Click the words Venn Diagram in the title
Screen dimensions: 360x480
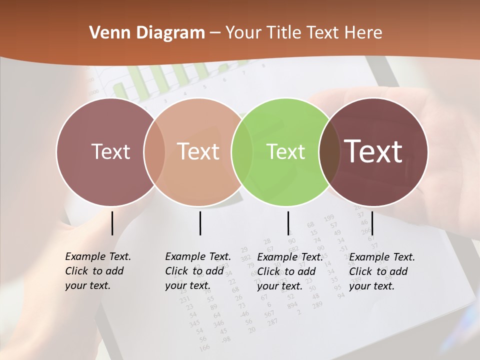(147, 33)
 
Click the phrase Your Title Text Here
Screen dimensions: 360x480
(303, 33)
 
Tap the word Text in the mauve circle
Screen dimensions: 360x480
(110, 151)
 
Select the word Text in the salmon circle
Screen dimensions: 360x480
(198, 151)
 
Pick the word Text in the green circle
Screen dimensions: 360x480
(285, 151)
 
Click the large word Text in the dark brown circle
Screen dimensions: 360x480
(373, 151)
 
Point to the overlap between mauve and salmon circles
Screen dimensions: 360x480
(154, 151)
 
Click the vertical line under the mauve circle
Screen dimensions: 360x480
(112, 223)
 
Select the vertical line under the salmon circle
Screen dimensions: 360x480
(200, 223)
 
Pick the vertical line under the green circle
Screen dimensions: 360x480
(288, 223)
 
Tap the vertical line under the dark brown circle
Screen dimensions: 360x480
(372, 223)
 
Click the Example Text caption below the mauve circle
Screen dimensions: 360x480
(97, 271)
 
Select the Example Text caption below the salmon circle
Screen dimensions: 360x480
(197, 271)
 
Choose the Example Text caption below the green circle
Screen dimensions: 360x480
(289, 271)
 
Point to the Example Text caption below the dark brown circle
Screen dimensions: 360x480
(381, 271)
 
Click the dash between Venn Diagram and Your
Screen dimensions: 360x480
(215, 33)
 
